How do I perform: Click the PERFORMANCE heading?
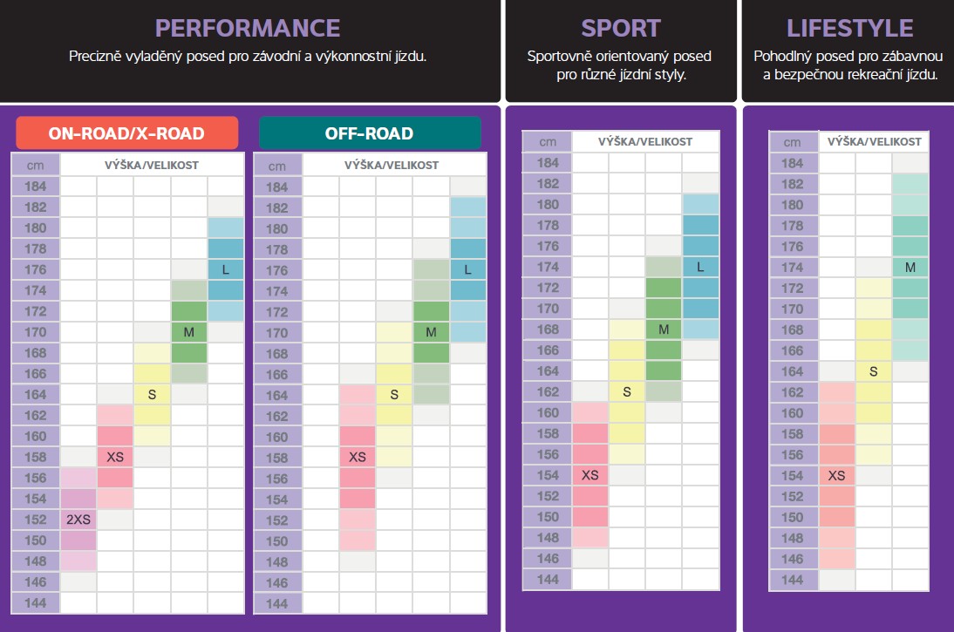pos(248,28)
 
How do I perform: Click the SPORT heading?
pos(619,28)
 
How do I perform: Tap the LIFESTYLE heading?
pos(849,28)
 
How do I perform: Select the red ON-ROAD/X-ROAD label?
pos(126,133)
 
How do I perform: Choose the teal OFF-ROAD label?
pos(369,133)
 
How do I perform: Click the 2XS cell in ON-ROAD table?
pos(78,519)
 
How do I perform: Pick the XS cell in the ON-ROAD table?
pos(115,456)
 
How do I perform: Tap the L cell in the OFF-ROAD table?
pos(468,269)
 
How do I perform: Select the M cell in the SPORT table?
pos(664,329)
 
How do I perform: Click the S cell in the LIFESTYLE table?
pos(873,371)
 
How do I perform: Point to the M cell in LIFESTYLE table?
pos(910,268)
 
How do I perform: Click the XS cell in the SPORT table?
pos(590,475)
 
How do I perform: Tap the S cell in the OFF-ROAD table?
pos(394,395)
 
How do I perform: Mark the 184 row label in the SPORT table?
pos(548,162)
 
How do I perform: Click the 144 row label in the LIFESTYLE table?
pos(792,580)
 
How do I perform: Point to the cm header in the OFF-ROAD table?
pos(276,165)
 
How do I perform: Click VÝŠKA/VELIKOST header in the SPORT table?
pos(645,141)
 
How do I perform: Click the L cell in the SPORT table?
pos(700,267)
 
